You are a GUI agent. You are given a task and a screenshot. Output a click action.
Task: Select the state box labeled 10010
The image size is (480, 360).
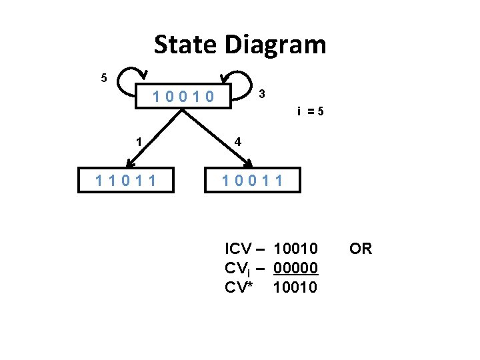pyautogui.click(x=183, y=97)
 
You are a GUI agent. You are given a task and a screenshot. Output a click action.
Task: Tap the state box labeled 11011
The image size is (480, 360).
pyautogui.click(x=126, y=180)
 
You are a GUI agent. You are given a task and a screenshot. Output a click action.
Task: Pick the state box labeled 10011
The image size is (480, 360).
pyautogui.click(x=253, y=180)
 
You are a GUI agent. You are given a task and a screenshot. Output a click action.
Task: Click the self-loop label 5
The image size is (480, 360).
pyautogui.click(x=103, y=78)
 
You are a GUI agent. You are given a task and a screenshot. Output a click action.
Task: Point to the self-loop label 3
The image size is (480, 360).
pyautogui.click(x=263, y=93)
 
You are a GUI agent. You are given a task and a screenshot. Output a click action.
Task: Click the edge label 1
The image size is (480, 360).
pyautogui.click(x=138, y=141)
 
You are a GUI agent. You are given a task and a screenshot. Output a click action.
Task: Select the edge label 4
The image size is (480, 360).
pyautogui.click(x=237, y=141)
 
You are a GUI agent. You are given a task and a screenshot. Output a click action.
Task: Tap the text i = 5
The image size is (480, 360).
pyautogui.click(x=311, y=111)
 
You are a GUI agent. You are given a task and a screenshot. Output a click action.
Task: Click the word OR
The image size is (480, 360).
pyautogui.click(x=361, y=249)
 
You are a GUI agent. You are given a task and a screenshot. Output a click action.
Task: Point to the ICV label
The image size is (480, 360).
pyautogui.click(x=238, y=249)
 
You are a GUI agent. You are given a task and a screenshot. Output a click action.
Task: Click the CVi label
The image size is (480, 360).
pyautogui.click(x=237, y=269)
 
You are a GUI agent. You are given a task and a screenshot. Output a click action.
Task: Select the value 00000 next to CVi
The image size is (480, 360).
pyautogui.click(x=295, y=268)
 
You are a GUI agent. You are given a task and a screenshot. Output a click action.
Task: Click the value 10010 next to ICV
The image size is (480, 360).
pyautogui.click(x=295, y=249)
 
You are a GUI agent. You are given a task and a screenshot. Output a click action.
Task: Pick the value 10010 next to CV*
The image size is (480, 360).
pyautogui.click(x=295, y=287)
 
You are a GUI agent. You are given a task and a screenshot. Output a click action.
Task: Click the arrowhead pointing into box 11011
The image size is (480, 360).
pyautogui.click(x=129, y=162)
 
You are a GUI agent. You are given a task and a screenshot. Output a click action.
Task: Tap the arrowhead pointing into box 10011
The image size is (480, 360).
pyautogui.click(x=247, y=162)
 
